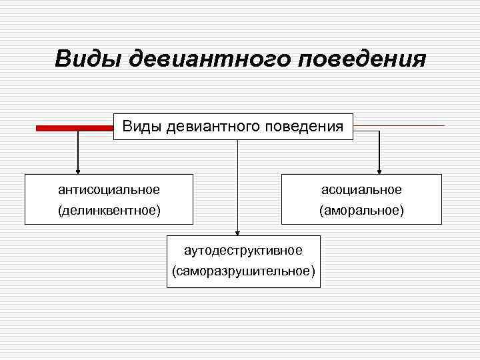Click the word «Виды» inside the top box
tap(142, 125)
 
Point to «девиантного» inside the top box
tap(213, 125)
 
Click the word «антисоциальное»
tap(109, 190)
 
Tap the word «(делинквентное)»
tap(109, 211)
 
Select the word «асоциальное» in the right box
tap(361, 190)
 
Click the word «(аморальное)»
tap(361, 211)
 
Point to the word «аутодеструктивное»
tap(243, 250)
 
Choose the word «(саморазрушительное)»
tap(243, 271)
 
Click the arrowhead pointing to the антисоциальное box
tap(78, 169)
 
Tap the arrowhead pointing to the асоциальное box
tap(379, 169)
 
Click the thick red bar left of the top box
tap(74, 128)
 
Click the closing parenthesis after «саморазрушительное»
tap(313, 271)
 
